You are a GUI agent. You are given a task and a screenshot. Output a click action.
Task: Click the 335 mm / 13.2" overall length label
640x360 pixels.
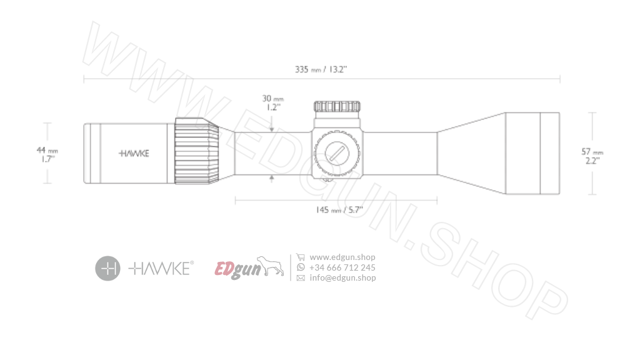[x=321, y=69]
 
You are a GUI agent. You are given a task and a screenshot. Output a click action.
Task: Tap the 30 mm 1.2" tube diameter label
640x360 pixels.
[x=272, y=102]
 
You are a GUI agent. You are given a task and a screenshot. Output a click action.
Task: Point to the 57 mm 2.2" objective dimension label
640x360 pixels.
[x=592, y=156]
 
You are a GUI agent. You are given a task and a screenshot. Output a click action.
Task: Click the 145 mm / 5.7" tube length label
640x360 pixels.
[x=339, y=210]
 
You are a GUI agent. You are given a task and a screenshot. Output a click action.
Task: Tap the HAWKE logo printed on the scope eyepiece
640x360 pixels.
[x=134, y=153]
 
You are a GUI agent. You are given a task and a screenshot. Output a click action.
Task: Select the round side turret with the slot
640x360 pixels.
[x=337, y=152]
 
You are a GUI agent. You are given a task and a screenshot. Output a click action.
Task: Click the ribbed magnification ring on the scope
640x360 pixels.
[x=196, y=151]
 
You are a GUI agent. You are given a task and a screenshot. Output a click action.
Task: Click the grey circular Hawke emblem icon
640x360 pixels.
[x=107, y=268]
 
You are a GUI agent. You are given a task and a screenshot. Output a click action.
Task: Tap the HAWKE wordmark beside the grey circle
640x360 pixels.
[x=161, y=268]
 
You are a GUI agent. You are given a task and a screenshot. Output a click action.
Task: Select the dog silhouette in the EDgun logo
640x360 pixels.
[x=269, y=266]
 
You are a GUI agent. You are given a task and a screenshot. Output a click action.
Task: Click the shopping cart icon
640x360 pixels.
[x=301, y=257]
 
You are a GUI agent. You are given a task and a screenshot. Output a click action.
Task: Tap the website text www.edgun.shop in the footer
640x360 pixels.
[x=342, y=257]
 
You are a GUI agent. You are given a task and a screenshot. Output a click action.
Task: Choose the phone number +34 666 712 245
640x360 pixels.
[x=342, y=267]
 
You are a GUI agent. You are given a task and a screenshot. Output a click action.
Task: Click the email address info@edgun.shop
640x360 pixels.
[x=342, y=278]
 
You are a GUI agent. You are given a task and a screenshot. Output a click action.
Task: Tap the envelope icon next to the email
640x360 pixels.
[x=301, y=278]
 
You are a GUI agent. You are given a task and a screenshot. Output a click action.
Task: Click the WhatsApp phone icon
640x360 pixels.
[x=301, y=267]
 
